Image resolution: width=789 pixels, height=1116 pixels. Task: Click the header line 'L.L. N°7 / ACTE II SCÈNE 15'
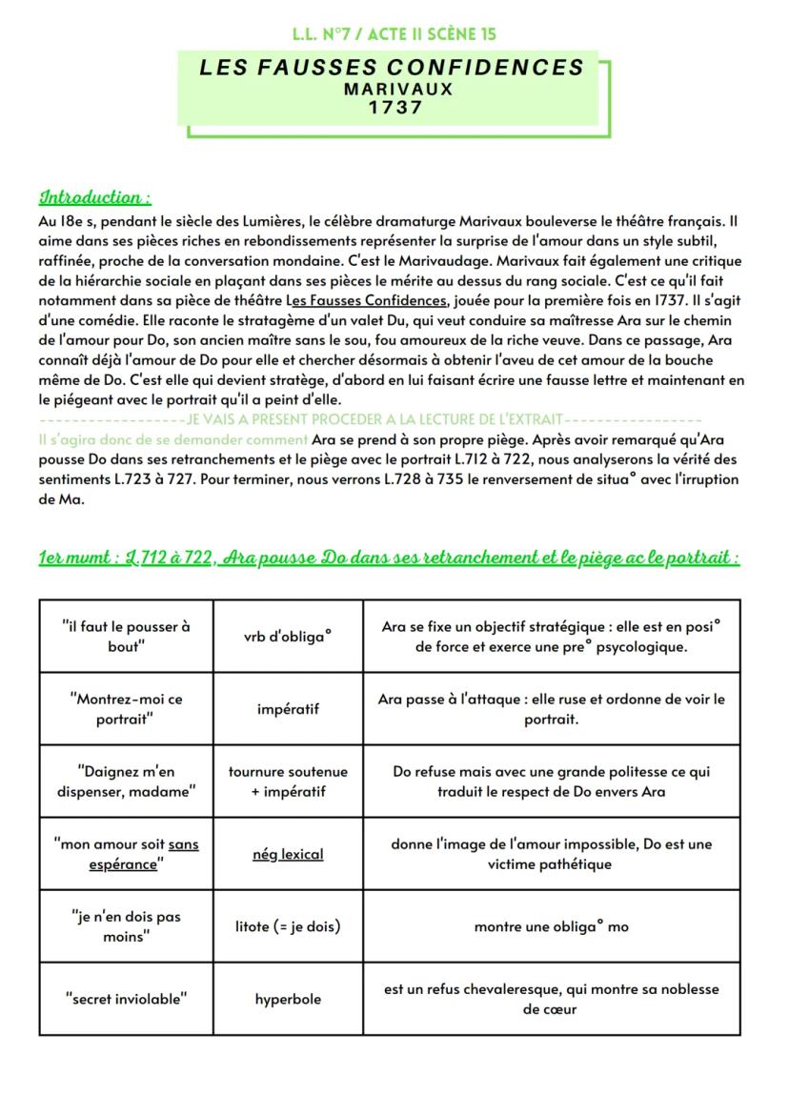[394, 35]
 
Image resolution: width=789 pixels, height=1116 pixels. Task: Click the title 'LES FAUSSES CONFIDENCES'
[392, 68]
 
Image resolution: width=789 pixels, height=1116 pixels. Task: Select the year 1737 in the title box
[397, 108]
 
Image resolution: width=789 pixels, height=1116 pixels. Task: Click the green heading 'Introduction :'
[94, 197]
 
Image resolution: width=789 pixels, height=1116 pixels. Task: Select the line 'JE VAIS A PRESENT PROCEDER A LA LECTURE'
[374, 419]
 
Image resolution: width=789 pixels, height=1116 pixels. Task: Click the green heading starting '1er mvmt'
[389, 558]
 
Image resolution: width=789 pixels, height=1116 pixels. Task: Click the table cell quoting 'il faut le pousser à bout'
[126, 637]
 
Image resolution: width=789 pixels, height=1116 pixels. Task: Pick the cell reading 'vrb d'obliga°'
[288, 637]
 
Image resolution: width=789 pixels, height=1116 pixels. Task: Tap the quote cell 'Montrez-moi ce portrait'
[126, 709]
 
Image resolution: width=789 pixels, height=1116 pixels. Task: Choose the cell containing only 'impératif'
[288, 709]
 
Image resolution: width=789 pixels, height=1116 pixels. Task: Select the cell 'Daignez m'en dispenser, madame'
[126, 781]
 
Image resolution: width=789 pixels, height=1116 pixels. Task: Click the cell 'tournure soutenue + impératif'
[288, 781]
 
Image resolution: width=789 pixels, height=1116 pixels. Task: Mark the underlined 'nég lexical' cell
[288, 854]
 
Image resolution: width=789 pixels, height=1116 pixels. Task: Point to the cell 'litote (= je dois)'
[288, 926]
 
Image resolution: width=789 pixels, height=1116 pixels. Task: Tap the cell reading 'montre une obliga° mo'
[551, 926]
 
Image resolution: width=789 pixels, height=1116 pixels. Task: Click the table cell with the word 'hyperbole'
[288, 1000]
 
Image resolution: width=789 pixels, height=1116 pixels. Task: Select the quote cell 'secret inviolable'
[126, 1000]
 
